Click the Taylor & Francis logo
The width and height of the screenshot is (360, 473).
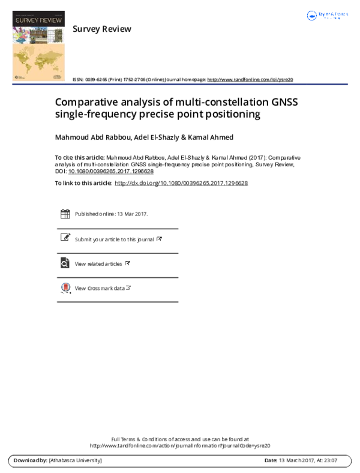[327, 16]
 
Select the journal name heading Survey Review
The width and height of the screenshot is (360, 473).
[101, 29]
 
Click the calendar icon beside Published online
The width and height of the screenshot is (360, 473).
[65, 214]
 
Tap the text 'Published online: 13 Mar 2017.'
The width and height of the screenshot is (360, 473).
[112, 214]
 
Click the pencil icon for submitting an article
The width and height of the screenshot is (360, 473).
[65, 238]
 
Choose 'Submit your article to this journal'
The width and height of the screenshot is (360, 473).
[115, 239]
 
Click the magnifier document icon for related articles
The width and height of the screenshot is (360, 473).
[65, 263]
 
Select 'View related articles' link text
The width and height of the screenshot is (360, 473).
[98, 264]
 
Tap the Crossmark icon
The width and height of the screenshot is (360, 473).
[65, 288]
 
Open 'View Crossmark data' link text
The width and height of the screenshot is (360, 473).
[100, 288]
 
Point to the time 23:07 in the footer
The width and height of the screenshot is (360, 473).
[329, 460]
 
